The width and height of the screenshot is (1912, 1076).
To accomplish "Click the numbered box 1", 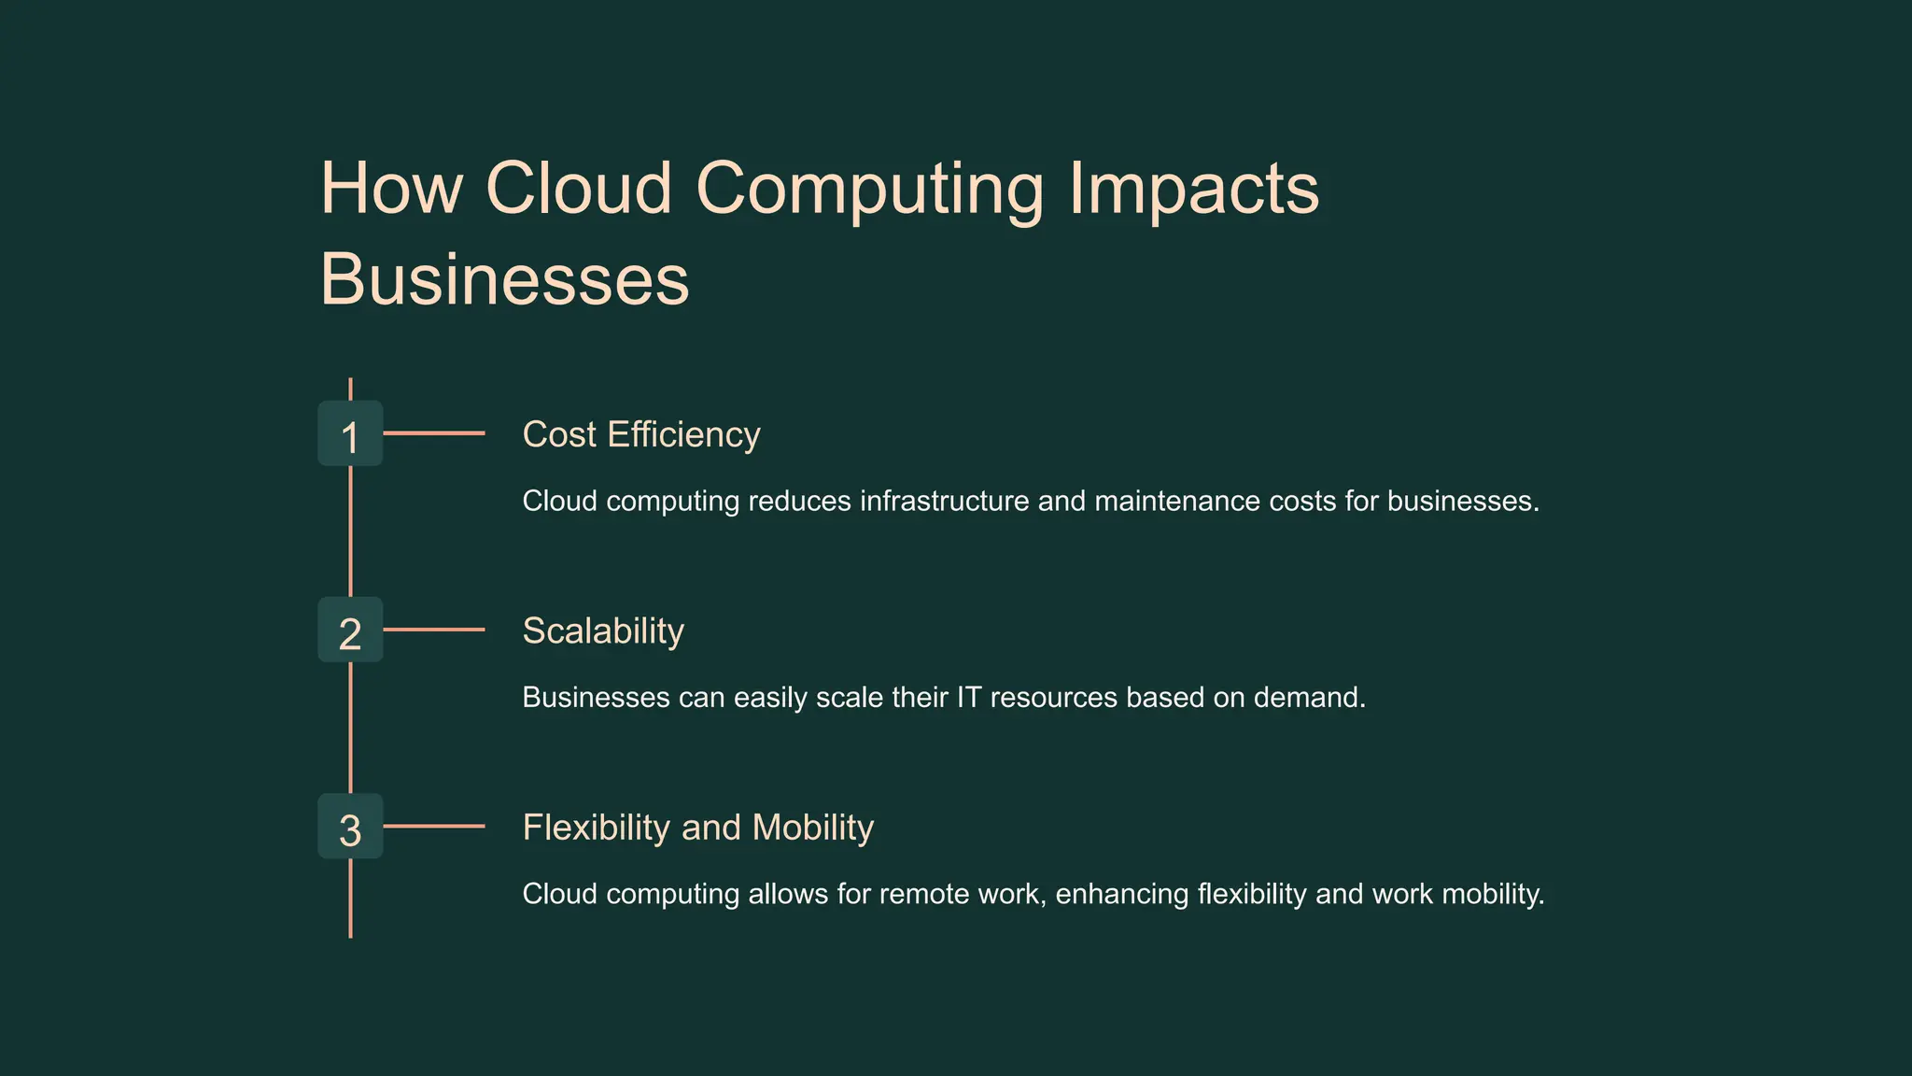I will [x=350, y=433].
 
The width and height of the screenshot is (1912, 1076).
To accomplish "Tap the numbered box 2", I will [x=350, y=630].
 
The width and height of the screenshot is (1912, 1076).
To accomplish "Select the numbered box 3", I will [x=350, y=826].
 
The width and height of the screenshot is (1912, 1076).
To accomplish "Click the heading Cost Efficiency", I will [x=640, y=435].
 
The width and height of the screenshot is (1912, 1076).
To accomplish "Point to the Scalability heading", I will [x=603, y=631].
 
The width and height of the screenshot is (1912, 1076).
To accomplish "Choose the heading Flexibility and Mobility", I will [x=697, y=828].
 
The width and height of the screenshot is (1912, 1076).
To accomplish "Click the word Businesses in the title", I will [x=504, y=279].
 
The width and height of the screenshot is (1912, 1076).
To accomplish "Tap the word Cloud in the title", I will [x=579, y=188].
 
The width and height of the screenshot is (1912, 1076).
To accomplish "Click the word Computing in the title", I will [x=869, y=190].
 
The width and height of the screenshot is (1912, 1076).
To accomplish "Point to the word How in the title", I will [x=391, y=188].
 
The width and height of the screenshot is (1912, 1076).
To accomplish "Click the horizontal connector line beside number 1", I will [x=434, y=433].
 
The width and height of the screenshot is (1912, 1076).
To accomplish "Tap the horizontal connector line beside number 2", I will [x=434, y=630].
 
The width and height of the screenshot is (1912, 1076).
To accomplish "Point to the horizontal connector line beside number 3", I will [x=434, y=826].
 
